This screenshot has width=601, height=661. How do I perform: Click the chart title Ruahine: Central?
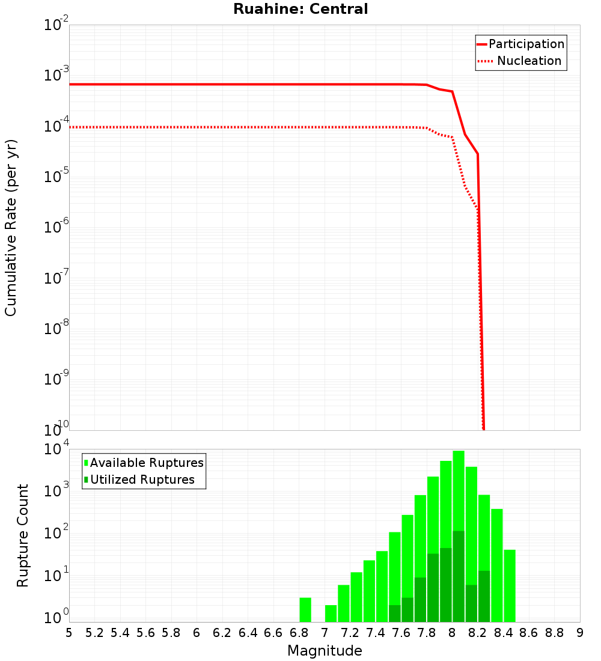click(300, 9)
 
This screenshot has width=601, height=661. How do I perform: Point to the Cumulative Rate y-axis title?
click(11, 228)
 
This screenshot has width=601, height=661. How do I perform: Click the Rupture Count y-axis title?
click(23, 535)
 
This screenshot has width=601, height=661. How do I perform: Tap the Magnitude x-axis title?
click(325, 651)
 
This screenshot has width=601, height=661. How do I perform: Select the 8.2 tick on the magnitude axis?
click(478, 633)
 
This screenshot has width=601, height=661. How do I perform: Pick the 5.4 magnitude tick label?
click(120, 633)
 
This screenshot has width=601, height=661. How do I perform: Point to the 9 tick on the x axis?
click(580, 633)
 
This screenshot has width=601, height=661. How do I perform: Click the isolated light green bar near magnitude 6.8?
click(305, 609)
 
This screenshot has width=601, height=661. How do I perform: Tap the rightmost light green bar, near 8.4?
click(510, 585)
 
